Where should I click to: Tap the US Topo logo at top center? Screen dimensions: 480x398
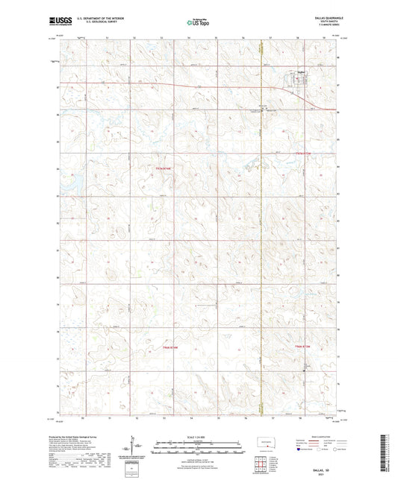pos(197,22)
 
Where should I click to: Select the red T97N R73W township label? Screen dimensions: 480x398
pos(301,154)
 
